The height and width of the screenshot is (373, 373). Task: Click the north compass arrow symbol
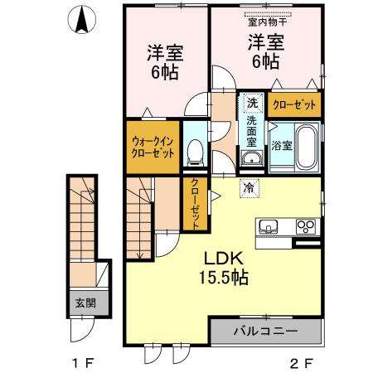[x=81, y=20]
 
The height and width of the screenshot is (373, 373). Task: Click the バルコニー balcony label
[x=264, y=332]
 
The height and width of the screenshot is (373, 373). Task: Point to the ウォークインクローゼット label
[x=153, y=148]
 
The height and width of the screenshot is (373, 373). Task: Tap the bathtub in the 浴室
[x=305, y=148]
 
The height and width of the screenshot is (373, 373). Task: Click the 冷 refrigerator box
[x=248, y=188]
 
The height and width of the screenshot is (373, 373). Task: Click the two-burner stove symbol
[x=305, y=225]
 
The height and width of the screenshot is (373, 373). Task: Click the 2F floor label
[x=301, y=362]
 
